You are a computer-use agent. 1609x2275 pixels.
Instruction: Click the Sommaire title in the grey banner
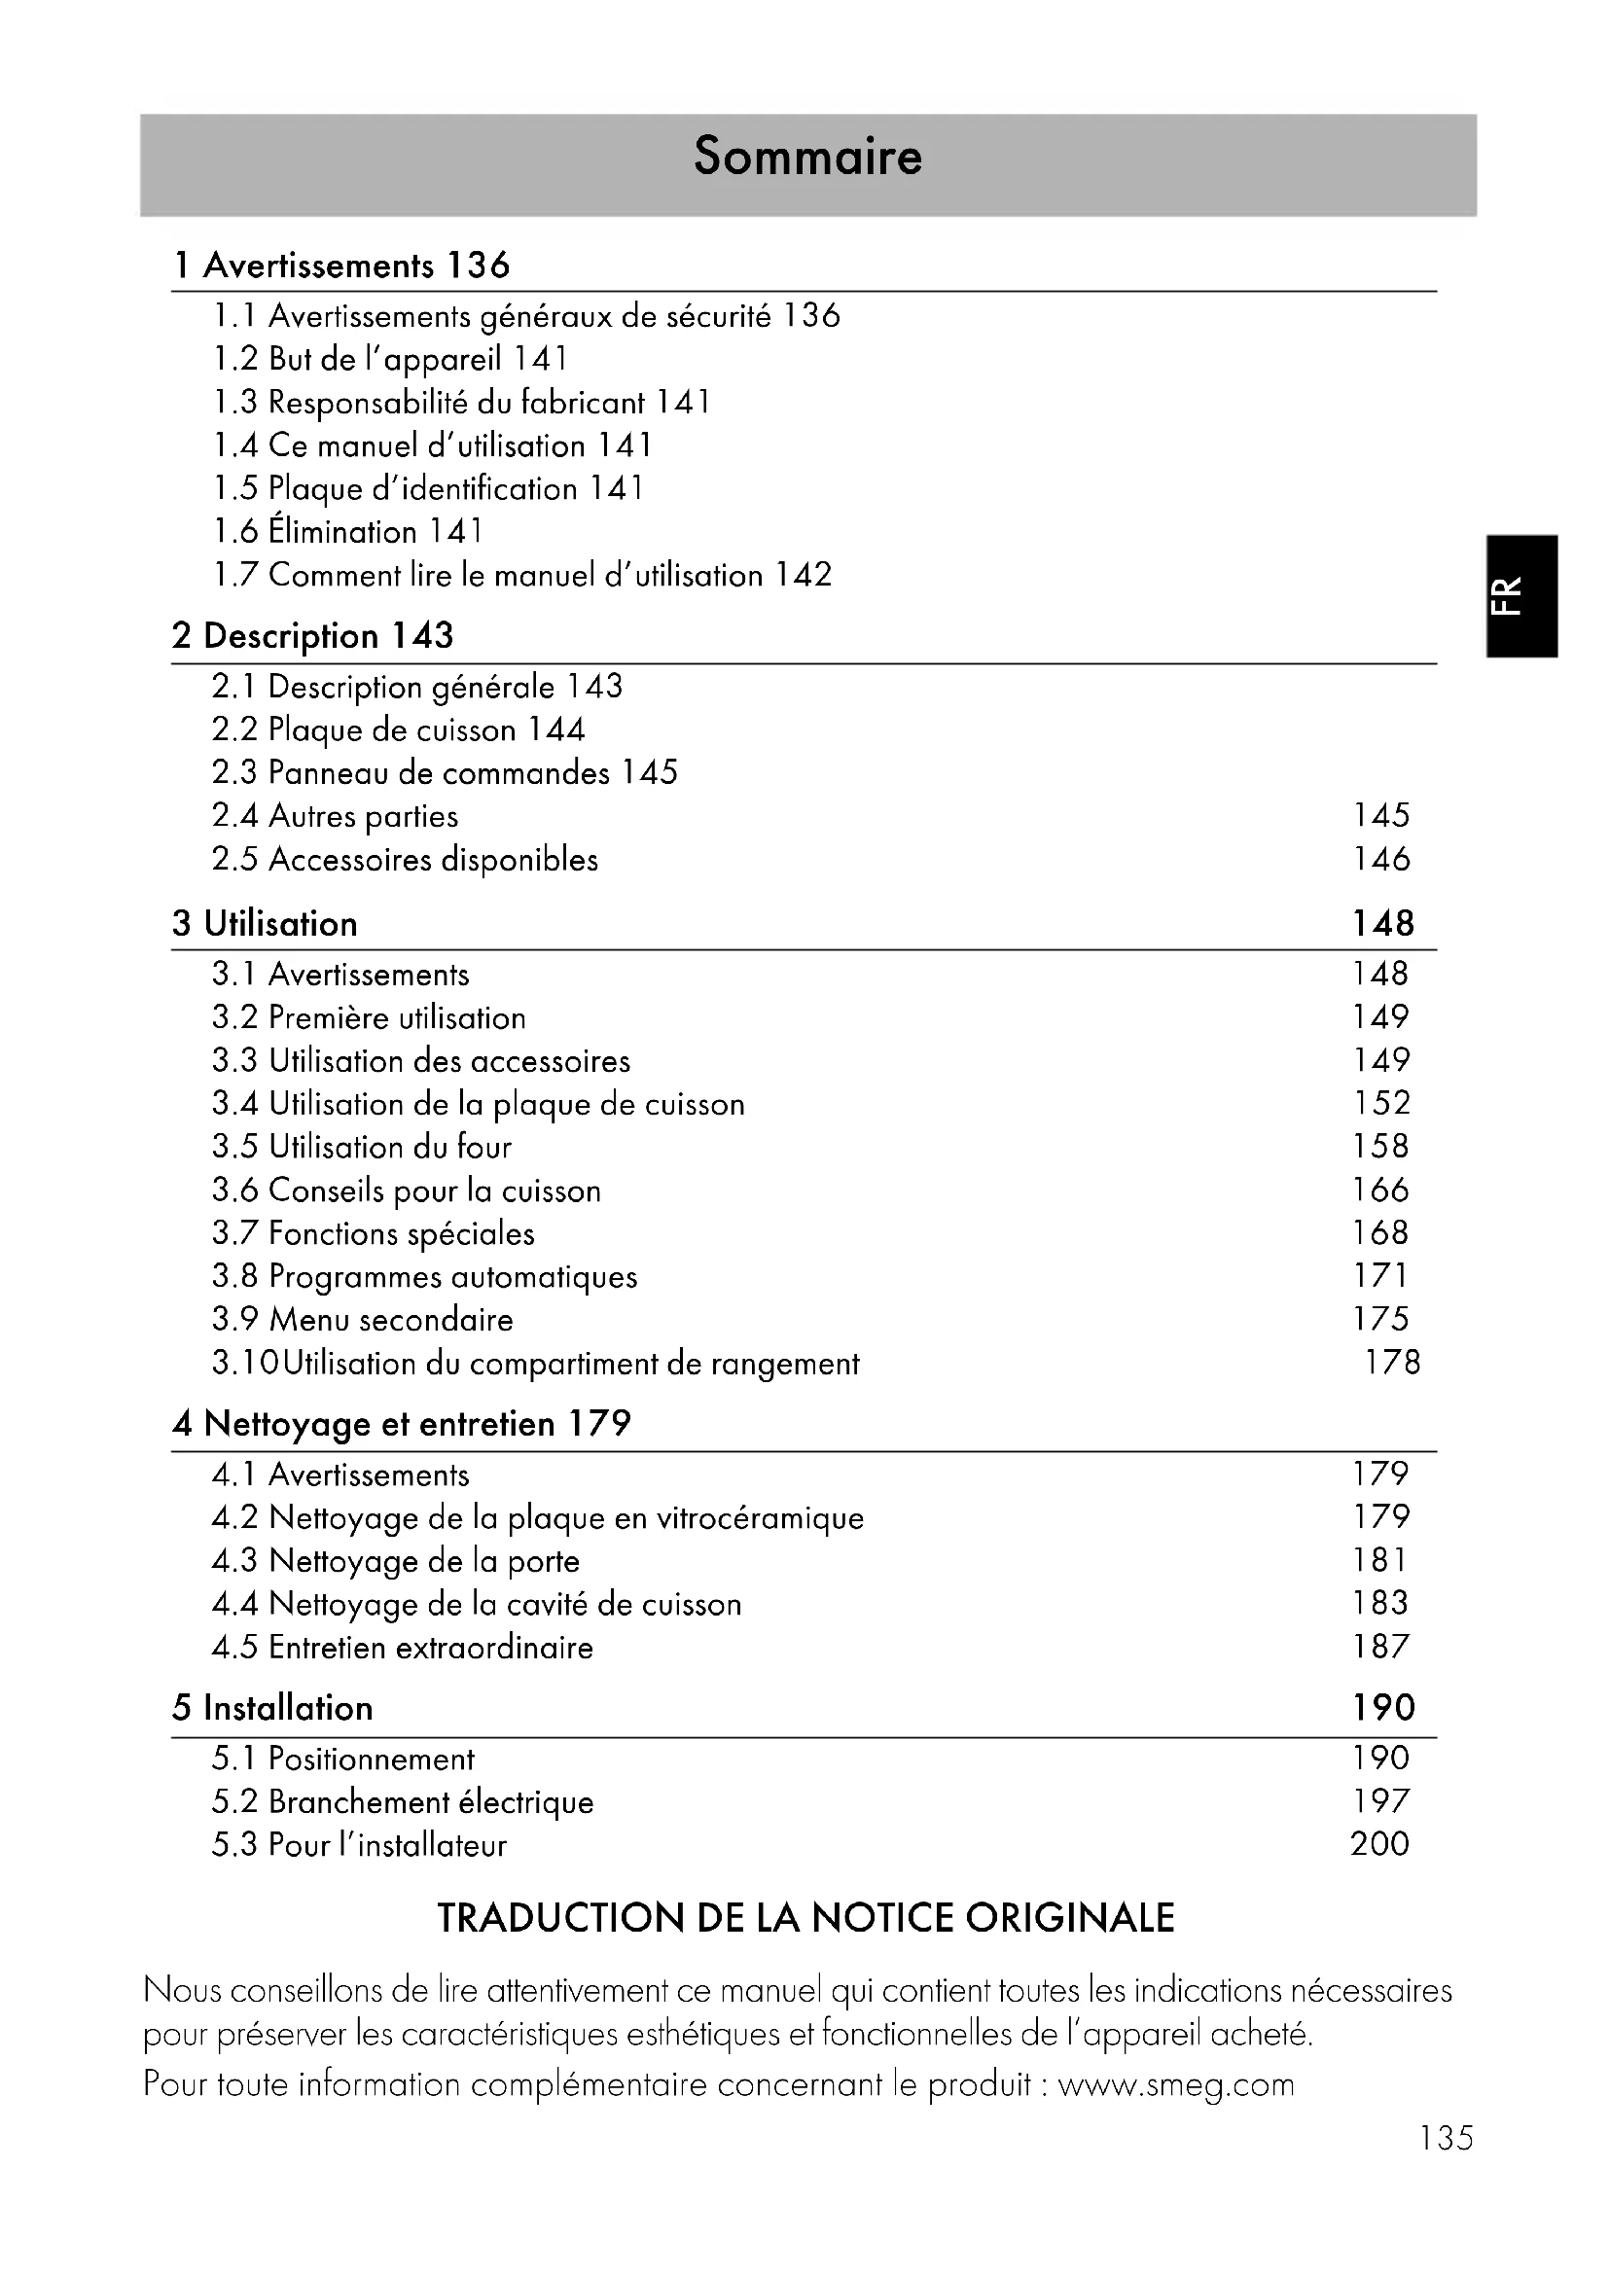[807, 157]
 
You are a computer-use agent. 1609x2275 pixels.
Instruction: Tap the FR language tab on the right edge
[1521, 595]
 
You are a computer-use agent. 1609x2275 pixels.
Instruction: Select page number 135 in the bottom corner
[1446, 2138]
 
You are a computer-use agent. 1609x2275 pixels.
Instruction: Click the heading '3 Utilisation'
[265, 923]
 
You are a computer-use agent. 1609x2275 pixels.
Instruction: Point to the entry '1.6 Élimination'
[347, 532]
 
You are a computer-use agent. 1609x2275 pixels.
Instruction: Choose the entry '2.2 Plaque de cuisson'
[397, 730]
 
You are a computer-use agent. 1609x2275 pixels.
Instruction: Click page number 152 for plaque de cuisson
[1381, 1103]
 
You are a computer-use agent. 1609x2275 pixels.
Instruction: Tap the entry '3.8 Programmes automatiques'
[424, 1276]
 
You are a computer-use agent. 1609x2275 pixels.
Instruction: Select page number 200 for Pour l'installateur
[1379, 1844]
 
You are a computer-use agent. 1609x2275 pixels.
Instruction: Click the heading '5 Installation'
[272, 1708]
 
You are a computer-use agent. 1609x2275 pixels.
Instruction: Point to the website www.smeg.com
[1176, 2084]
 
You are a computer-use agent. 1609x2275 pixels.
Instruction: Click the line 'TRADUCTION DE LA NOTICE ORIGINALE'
[805, 1918]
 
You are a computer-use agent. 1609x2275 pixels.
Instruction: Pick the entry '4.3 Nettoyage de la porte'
[395, 1562]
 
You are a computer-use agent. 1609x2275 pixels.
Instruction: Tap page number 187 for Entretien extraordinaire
[1381, 1647]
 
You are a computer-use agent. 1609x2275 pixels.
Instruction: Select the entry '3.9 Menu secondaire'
[362, 1320]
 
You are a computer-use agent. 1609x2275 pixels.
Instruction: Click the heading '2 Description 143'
[312, 636]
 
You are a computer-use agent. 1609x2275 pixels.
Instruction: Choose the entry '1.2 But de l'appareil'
[390, 359]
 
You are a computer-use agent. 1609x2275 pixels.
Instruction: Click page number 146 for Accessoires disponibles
[1381, 859]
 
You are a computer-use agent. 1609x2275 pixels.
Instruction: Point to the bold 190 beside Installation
[1383, 1707]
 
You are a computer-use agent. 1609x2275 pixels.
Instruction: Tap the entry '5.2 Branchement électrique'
[403, 1802]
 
